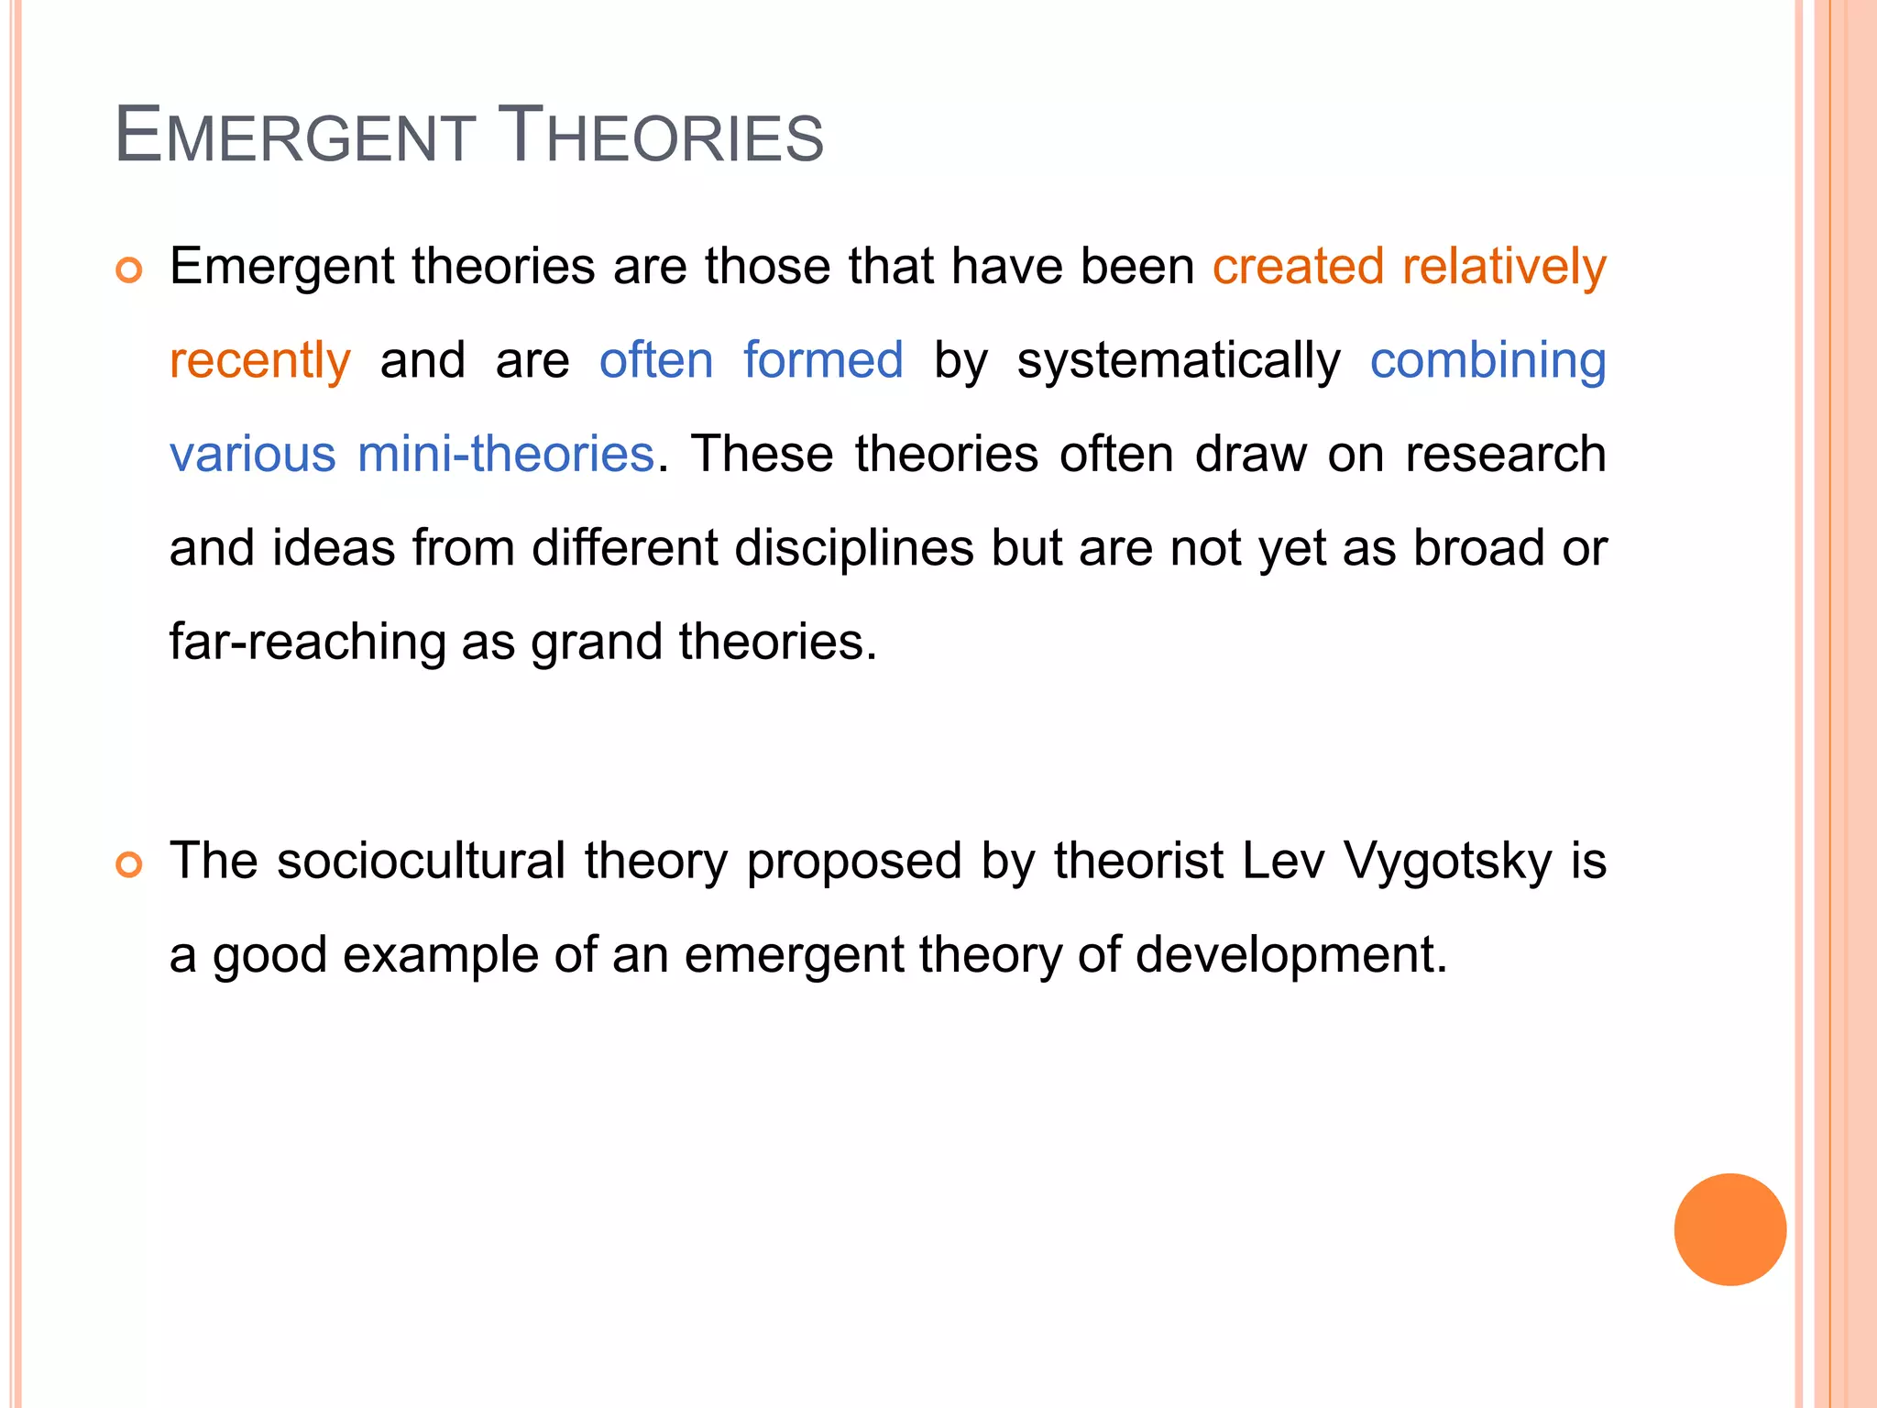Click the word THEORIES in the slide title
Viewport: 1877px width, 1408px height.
(660, 136)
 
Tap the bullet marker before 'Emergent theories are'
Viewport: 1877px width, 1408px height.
(129, 270)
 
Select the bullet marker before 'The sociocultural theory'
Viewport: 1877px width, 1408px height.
(129, 864)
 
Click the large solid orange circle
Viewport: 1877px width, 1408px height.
(1729, 1229)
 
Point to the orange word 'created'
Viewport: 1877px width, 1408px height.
(1298, 267)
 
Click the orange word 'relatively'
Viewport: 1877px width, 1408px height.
(1504, 267)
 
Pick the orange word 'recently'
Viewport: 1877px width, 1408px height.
(260, 360)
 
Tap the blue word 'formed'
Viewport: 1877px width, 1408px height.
(823, 359)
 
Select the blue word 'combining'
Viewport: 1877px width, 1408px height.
(1487, 360)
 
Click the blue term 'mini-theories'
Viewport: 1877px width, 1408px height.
(506, 454)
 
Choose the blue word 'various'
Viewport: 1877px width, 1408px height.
(253, 454)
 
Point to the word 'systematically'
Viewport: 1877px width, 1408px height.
(1179, 360)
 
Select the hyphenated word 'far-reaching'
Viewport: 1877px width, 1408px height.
(307, 641)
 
